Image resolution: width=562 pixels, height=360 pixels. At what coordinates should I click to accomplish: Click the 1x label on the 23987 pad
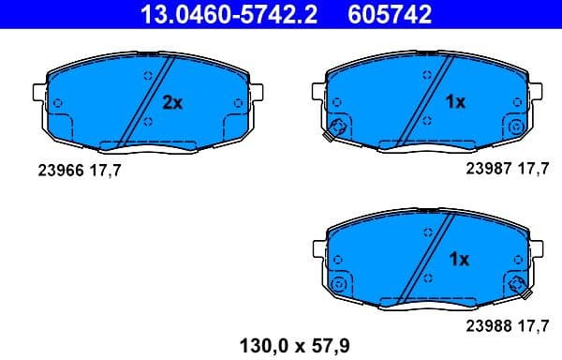point(454,102)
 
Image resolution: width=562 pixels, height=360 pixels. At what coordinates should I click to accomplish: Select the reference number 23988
point(486,327)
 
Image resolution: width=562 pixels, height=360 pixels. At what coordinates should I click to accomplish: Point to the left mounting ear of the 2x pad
point(39,94)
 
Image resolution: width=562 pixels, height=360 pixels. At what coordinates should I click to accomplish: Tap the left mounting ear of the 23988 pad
point(318,249)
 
